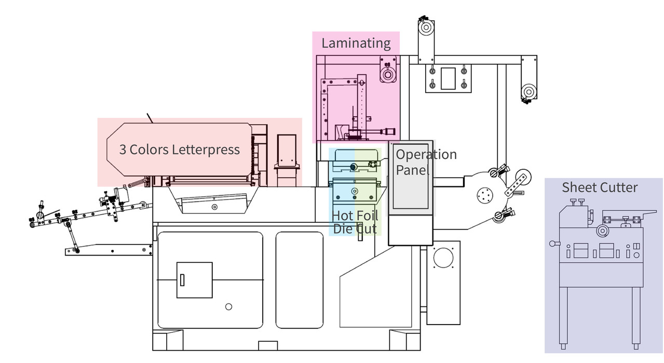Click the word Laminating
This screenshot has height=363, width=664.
pos(356,43)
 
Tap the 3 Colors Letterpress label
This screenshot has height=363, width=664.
pos(179,150)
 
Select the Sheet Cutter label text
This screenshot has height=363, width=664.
pos(600,187)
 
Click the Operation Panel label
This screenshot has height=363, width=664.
pos(426,162)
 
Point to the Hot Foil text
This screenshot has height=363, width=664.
pos(355,216)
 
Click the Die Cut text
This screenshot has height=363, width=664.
pos(355,228)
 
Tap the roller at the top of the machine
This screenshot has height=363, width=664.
pos(426,27)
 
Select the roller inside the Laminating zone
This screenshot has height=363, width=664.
pos(387,74)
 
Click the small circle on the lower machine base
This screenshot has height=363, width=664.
pos(228,306)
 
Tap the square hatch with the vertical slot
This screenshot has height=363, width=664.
pos(194,280)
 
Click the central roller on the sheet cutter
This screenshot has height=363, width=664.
pos(603,230)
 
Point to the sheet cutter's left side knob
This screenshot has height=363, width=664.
pos(553,243)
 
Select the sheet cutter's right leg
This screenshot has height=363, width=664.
pos(636,317)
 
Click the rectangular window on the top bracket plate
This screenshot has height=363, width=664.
pos(448,78)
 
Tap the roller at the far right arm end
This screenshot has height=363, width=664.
pos(528,92)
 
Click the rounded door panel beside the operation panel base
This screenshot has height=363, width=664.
pos(299,280)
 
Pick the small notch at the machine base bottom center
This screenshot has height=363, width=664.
pos(268,345)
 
